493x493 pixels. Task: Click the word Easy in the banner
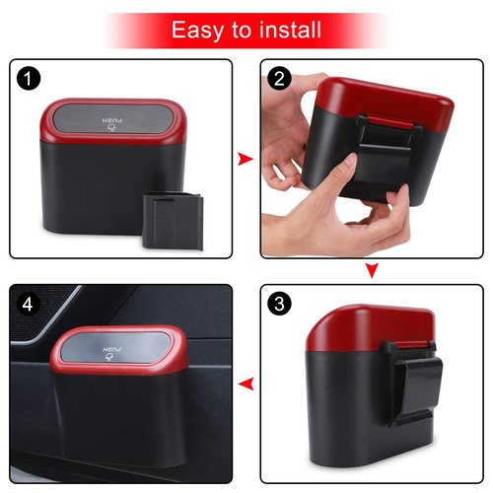[x=197, y=30]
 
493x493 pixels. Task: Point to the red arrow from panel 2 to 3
[x=371, y=270]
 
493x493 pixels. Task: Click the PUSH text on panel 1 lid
[x=110, y=121]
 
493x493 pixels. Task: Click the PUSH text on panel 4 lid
[x=110, y=351]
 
